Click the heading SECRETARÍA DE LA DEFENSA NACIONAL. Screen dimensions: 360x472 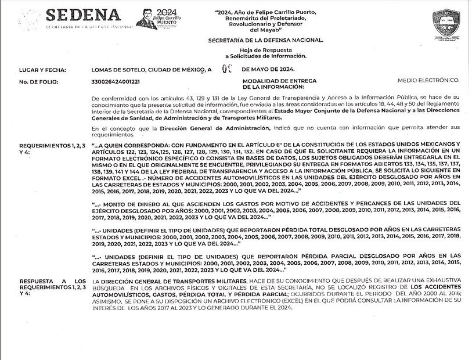(265, 39)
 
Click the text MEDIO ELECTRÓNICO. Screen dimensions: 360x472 (428, 79)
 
